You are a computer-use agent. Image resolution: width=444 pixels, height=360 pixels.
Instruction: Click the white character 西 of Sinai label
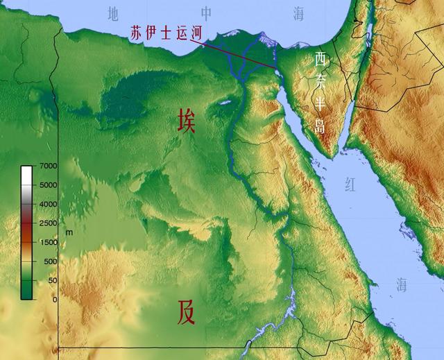pyautogui.click(x=320, y=59)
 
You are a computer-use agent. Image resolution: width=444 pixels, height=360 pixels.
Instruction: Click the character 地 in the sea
pyautogui.click(x=114, y=12)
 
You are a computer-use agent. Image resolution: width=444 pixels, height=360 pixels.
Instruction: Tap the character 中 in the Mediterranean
pyautogui.click(x=206, y=12)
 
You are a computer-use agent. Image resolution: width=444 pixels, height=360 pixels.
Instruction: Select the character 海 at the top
pyautogui.click(x=298, y=12)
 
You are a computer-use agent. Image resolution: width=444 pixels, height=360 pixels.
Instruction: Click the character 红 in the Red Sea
pyautogui.click(x=349, y=184)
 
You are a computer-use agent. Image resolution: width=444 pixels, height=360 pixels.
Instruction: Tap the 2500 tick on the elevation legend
pyautogui.click(x=48, y=223)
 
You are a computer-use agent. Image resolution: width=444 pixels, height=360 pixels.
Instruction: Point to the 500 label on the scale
pyautogui.click(x=50, y=261)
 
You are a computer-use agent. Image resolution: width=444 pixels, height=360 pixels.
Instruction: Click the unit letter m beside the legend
pyautogui.click(x=69, y=232)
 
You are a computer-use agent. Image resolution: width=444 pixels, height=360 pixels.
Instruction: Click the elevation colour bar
pyautogui.click(x=26, y=232)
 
